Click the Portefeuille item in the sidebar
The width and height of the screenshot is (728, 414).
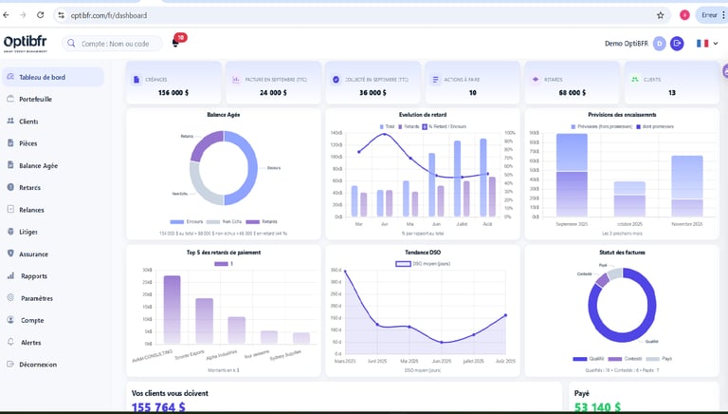point(35,99)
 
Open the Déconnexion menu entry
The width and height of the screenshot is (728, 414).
point(38,365)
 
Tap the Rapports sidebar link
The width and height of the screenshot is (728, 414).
point(34,276)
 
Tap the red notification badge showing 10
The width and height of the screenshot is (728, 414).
point(180,37)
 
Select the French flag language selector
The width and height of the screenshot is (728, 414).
point(702,44)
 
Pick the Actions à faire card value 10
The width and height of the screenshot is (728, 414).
point(472,93)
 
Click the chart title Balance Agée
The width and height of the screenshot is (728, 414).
point(223,115)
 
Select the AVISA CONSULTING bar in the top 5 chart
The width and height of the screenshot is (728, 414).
point(173,309)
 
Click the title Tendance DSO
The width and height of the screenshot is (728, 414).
point(422,252)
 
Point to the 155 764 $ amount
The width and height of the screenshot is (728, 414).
point(158,406)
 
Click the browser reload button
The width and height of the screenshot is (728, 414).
point(40,15)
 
